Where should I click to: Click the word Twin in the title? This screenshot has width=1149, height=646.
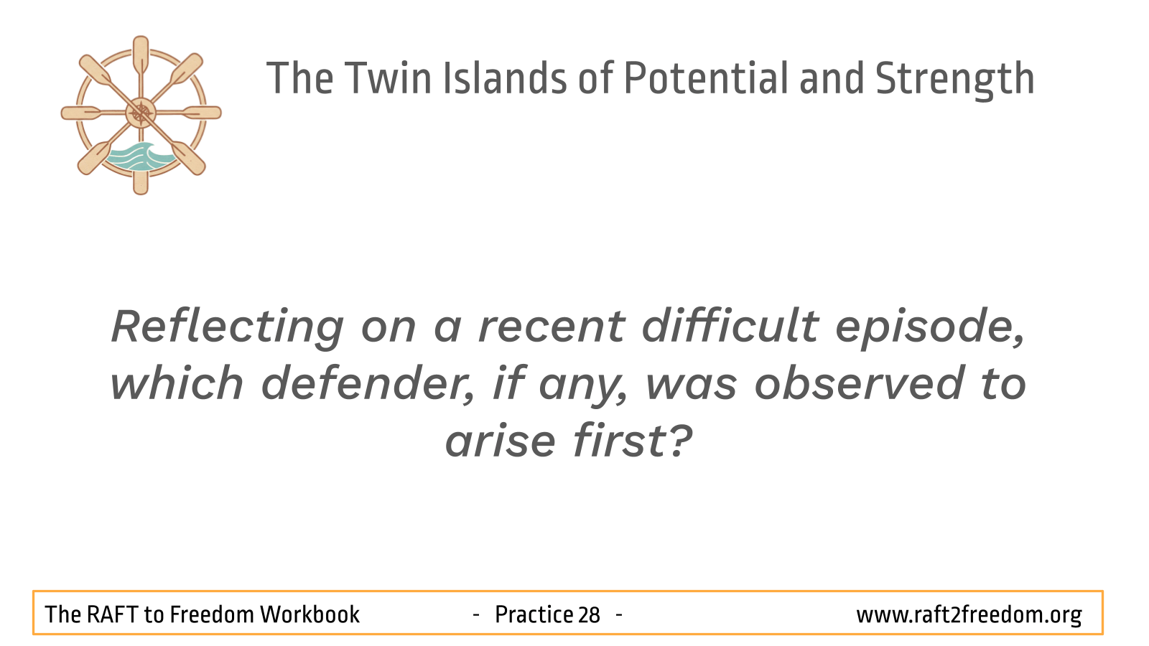(388, 78)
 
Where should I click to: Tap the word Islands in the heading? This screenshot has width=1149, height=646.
(505, 78)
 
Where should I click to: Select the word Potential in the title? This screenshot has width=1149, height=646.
(706, 78)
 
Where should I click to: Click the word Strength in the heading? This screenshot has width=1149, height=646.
(955, 80)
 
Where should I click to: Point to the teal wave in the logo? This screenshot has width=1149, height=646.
(137, 157)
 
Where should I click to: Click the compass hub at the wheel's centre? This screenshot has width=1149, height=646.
(141, 113)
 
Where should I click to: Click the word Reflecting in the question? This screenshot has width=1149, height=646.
(227, 328)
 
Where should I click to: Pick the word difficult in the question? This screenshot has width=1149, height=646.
(730, 325)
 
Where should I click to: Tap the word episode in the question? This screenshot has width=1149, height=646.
(929, 328)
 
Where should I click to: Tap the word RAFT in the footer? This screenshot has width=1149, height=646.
(111, 614)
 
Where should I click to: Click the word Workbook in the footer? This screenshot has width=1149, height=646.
(310, 614)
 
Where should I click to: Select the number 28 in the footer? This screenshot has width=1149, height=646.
(589, 615)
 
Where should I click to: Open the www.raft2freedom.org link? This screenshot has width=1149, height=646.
(969, 615)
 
